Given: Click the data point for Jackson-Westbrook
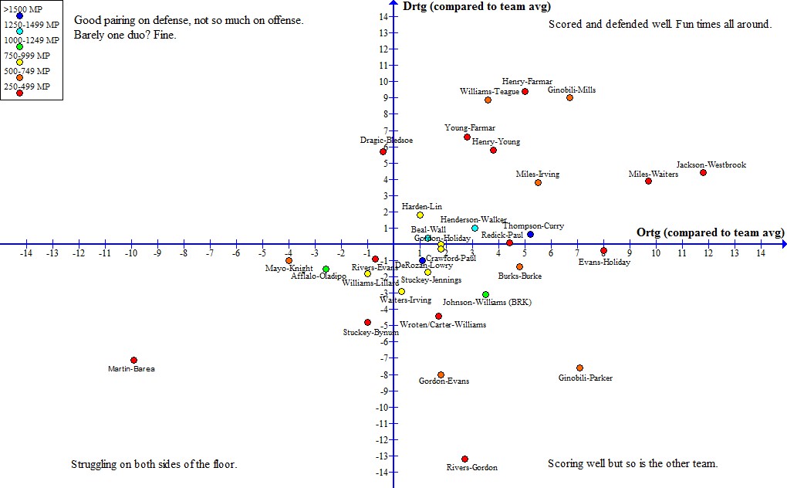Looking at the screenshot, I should (703, 172).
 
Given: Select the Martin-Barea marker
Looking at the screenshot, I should (133, 360).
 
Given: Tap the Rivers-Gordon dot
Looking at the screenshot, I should (464, 459).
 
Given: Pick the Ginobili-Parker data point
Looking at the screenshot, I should (579, 368).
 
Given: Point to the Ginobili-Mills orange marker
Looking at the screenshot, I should (569, 97).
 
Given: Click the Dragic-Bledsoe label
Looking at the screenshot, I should (386, 141).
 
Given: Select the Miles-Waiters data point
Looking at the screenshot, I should (648, 181).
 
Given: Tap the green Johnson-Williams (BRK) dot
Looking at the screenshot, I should (485, 294).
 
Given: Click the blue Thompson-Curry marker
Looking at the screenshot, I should (530, 234).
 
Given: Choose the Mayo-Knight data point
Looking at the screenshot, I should (289, 260).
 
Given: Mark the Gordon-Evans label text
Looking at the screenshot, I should (444, 381).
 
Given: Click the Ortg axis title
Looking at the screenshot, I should (711, 232).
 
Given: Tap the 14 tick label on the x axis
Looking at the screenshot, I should (761, 253).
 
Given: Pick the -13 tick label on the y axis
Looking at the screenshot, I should (380, 456).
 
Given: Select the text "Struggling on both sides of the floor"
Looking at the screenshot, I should (154, 465).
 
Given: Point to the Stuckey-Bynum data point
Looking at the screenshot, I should (367, 322).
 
